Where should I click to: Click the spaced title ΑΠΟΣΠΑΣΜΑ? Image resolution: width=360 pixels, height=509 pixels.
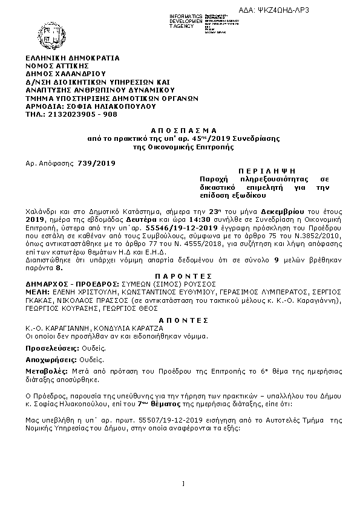(x=179, y=131)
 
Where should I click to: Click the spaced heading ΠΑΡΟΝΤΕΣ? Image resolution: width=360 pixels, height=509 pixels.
(x=179, y=273)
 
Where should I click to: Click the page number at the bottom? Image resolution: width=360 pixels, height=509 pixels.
(x=182, y=482)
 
